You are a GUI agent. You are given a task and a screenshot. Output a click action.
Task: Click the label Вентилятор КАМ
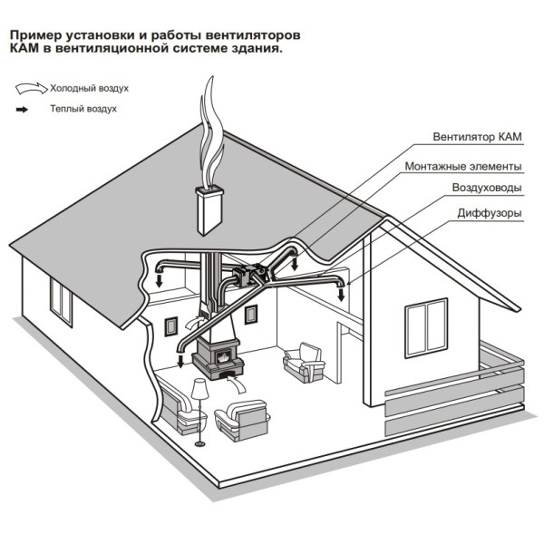point(477,137)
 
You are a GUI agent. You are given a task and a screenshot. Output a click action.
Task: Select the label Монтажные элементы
point(463,166)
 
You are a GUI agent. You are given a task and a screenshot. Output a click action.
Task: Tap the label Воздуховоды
point(487,188)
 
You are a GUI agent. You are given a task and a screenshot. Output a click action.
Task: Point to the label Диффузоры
point(490,213)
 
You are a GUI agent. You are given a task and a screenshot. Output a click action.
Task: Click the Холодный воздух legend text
point(89,89)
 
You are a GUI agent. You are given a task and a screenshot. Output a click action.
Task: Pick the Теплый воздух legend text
point(83,109)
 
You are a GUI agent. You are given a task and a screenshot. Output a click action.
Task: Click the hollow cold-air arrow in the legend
point(31,88)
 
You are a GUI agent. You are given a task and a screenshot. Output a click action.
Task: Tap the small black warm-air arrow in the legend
point(22,110)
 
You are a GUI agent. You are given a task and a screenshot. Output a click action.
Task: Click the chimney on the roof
point(209,209)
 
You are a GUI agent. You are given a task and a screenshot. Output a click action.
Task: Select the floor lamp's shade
point(199,389)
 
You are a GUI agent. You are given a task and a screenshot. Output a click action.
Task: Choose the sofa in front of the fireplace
point(242,420)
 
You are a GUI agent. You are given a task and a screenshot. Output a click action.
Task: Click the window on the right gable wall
point(426,328)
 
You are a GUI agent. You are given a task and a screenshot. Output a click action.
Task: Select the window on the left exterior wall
point(61,302)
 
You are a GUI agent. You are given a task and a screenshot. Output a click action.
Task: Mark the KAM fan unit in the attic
point(248,273)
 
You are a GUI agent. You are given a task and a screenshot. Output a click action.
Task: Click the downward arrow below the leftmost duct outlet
point(160,279)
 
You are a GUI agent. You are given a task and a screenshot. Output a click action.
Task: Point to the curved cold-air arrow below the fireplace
point(236,384)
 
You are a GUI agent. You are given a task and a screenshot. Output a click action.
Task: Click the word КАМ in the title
point(24,48)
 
